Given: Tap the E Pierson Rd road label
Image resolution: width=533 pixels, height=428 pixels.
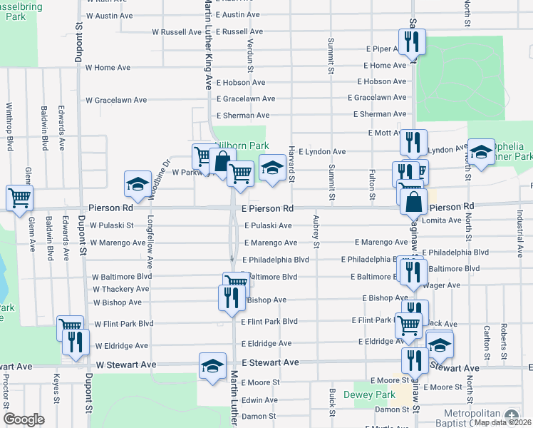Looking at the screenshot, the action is pyautogui.click(x=267, y=208).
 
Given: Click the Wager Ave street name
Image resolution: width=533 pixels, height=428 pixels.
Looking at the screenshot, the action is pyautogui.click(x=444, y=285).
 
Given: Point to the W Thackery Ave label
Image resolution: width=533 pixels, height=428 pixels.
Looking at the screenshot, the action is pyautogui.click(x=120, y=289).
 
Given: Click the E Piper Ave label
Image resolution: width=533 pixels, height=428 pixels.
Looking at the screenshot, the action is pyautogui.click(x=385, y=49).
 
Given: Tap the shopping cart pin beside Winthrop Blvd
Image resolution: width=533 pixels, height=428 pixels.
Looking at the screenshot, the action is pyautogui.click(x=19, y=197).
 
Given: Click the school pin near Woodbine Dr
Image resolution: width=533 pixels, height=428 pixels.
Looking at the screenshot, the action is pyautogui.click(x=138, y=184).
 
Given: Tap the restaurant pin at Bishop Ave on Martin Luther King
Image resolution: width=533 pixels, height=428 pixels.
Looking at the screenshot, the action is pyautogui.click(x=230, y=296).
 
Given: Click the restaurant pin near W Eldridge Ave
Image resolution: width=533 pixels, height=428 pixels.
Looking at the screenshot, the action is pyautogui.click(x=74, y=341).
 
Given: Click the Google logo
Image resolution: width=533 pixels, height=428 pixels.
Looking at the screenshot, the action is pyautogui.click(x=24, y=419).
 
